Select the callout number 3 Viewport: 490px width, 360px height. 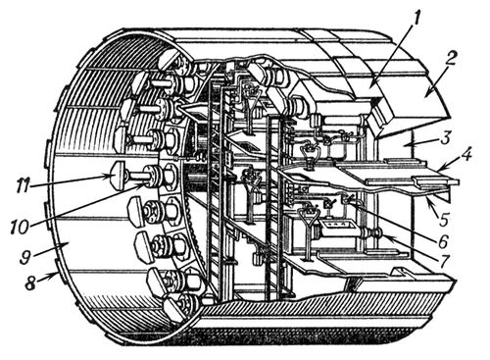pyautogui.click(x=447, y=134)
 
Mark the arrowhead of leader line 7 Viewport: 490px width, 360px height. pyautogui.click(x=384, y=237)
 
